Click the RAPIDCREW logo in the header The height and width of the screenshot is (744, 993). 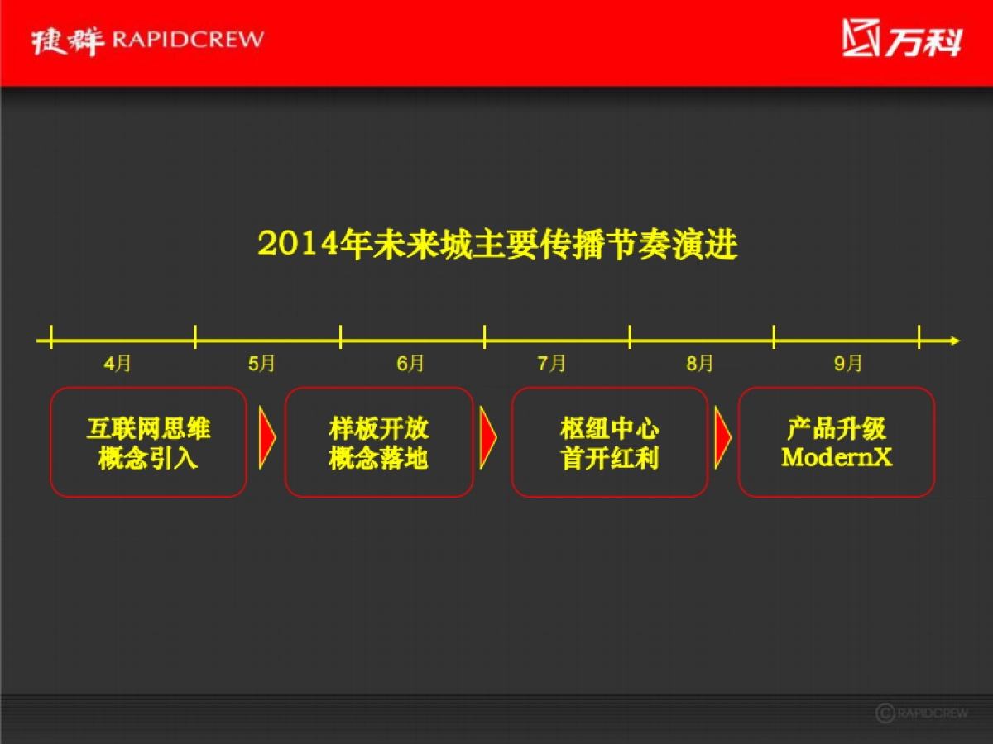click(147, 40)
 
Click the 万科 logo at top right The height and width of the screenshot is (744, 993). click(902, 39)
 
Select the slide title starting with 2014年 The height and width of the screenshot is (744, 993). click(497, 246)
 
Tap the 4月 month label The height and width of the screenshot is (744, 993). click(118, 364)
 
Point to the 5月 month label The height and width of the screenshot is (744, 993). click(261, 364)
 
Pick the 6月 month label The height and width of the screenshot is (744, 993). click(410, 364)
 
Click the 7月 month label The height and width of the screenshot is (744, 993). click(552, 364)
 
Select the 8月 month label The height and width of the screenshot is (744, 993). click(699, 364)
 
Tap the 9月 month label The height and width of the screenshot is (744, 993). click(848, 364)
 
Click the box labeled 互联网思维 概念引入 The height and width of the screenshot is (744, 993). click(148, 442)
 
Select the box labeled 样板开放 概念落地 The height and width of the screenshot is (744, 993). click(379, 442)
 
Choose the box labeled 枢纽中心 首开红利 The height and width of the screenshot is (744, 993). click(609, 442)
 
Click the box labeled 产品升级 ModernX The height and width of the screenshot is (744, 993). click(836, 442)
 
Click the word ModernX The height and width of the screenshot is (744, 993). click(837, 457)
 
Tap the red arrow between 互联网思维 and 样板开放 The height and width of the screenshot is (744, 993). click(266, 438)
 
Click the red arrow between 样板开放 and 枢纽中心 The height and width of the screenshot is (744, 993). click(488, 438)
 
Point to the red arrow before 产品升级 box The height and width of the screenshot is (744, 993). click(722, 438)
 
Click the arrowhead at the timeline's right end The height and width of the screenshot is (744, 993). click(954, 340)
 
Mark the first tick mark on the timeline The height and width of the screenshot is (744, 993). click(51, 336)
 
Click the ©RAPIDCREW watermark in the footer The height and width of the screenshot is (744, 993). click(921, 713)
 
